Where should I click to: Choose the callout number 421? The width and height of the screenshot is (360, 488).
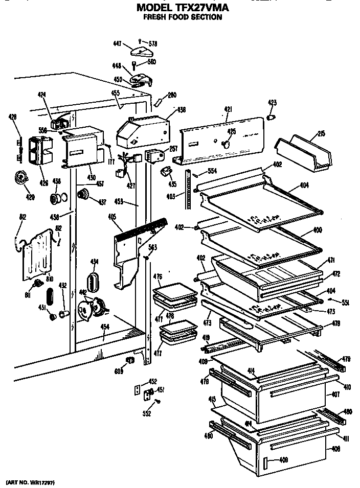click(228, 109)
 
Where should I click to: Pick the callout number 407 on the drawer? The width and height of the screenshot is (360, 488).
click(336, 394)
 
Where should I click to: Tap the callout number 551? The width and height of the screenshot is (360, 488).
click(345, 302)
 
